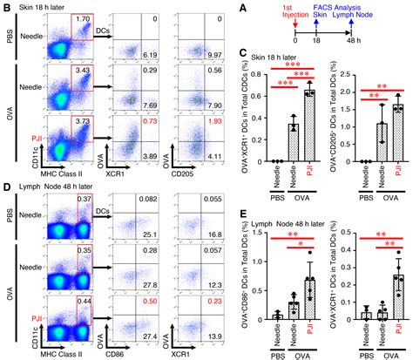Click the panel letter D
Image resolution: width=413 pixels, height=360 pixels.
pyautogui.click(x=7, y=186)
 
